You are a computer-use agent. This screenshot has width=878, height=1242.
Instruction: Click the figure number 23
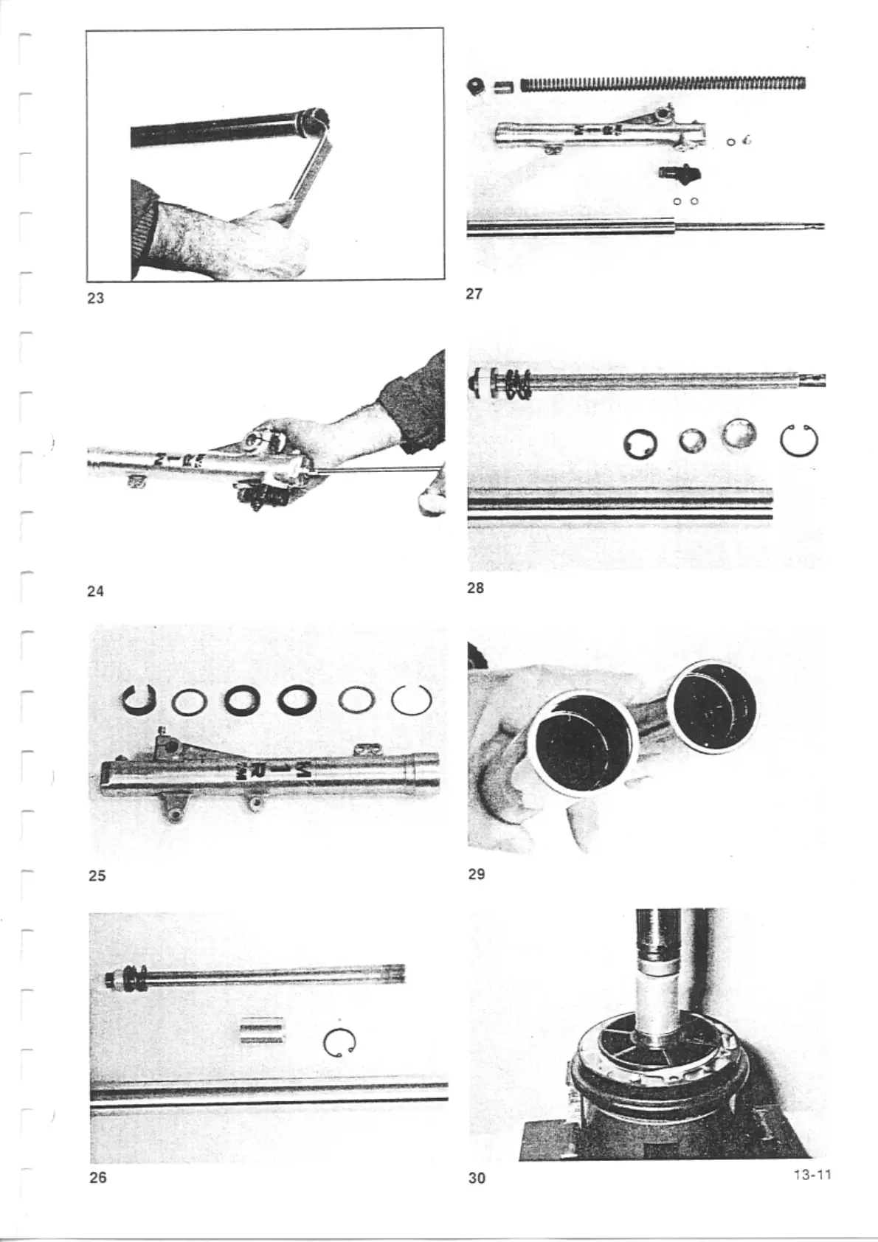point(95,299)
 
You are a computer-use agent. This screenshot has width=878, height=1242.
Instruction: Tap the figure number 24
point(95,591)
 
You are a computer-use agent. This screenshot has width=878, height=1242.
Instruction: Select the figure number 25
point(97,875)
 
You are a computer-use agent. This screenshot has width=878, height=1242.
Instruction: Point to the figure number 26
point(97,1177)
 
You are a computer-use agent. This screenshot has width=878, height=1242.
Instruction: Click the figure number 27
point(475,294)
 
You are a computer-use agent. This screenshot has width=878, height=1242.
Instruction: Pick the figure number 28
point(476,588)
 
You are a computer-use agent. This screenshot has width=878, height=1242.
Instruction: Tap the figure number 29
point(477,874)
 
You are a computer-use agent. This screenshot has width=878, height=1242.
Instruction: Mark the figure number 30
point(477,1178)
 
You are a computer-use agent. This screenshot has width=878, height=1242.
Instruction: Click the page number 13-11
point(812,1174)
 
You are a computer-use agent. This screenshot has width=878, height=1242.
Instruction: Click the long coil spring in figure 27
point(663,83)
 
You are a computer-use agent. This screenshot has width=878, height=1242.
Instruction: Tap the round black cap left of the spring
point(475,86)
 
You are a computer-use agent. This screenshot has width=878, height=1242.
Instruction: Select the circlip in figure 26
point(340,1042)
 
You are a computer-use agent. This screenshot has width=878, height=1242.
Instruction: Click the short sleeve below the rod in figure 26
point(262,1031)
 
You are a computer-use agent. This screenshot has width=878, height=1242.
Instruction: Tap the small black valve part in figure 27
point(678,173)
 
